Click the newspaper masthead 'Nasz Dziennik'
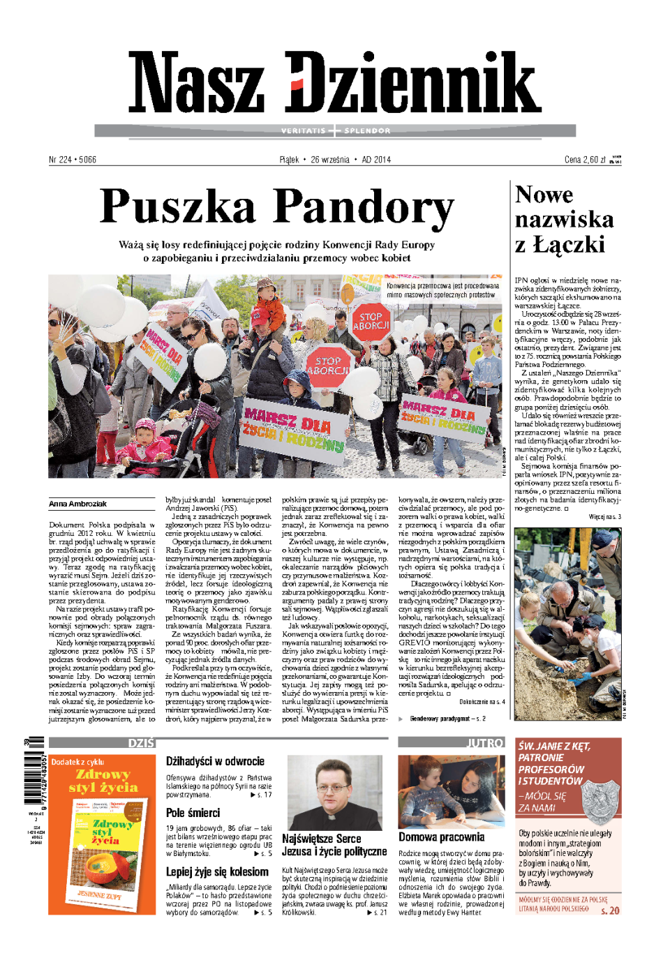[335, 83]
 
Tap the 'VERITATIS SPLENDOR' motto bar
[335, 130]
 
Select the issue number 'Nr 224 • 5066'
[73, 160]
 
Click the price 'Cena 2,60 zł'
[585, 160]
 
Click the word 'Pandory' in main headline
[363, 207]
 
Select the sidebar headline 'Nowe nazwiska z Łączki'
[564, 220]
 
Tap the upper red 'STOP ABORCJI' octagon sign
[371, 321]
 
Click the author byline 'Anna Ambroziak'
[78, 504]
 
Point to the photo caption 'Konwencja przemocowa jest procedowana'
[442, 286]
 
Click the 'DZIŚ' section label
[141, 743]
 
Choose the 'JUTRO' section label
[484, 743]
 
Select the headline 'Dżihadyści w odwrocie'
[215, 761]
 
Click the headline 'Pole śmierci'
[193, 813]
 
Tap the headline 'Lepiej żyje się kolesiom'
[217, 872]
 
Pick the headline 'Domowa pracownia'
[441, 837]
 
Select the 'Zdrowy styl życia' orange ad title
[103, 781]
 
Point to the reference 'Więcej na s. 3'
[604, 517]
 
